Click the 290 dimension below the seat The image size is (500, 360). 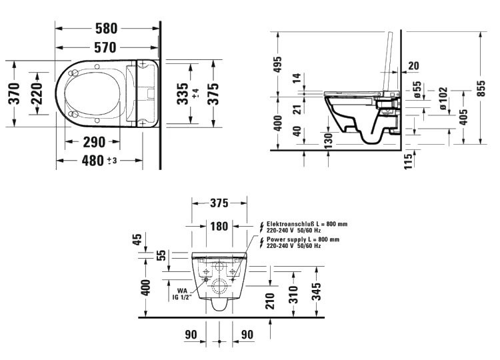(93, 142)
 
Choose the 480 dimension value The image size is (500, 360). (93, 161)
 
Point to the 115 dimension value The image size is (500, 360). (408, 160)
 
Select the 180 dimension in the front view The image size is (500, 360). (219, 226)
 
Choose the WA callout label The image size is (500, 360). (182, 290)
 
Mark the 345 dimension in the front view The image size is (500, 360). (317, 291)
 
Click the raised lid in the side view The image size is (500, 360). (385, 60)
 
